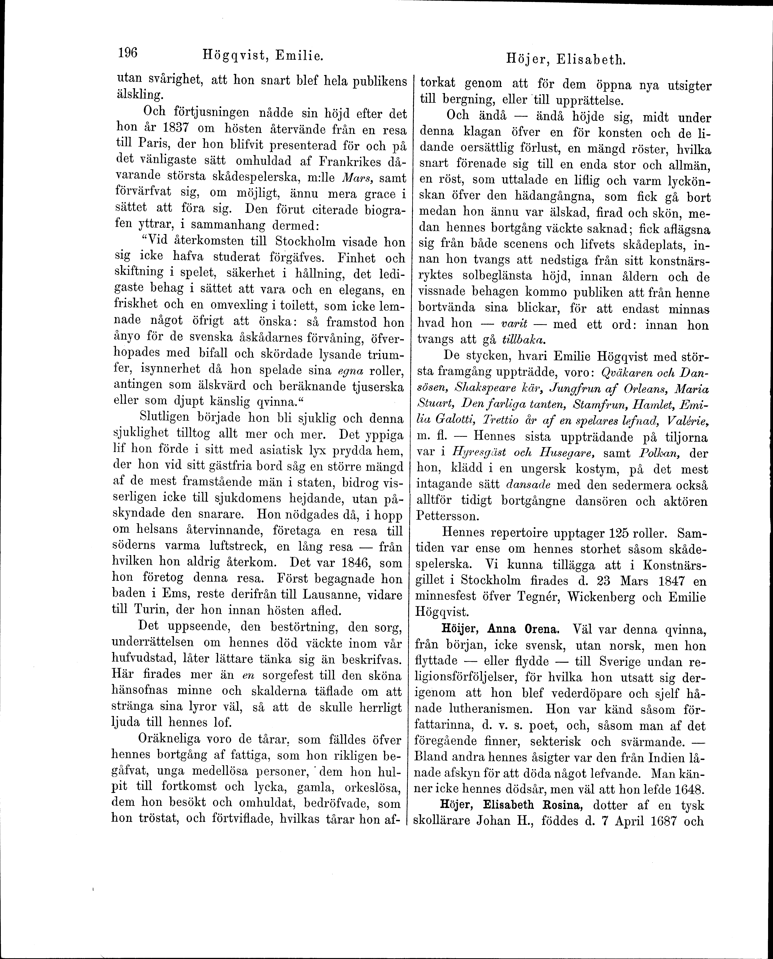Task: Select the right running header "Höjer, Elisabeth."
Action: (565, 59)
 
